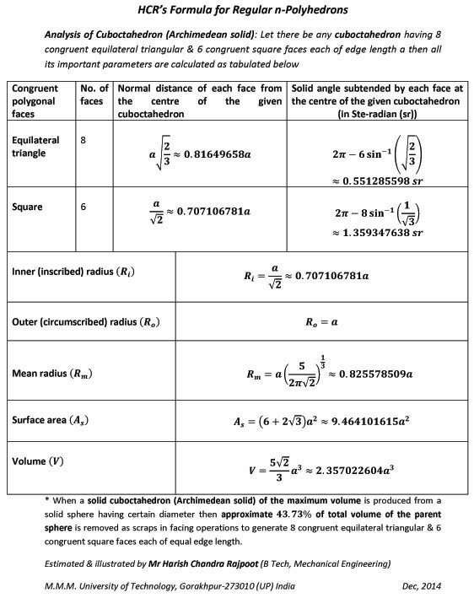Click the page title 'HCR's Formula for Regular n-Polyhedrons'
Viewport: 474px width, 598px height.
click(x=237, y=10)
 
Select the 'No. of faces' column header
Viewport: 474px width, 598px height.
click(x=93, y=96)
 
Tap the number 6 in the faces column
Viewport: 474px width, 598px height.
click(x=83, y=205)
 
